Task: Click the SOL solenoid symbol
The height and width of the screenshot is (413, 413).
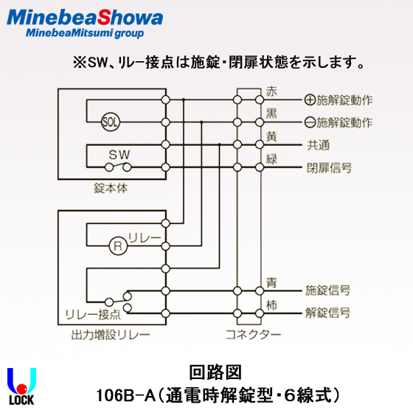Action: (111, 122)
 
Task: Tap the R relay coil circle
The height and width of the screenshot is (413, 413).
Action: (118, 246)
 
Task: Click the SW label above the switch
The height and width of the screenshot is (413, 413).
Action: (119, 155)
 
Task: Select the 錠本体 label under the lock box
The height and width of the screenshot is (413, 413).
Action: (111, 188)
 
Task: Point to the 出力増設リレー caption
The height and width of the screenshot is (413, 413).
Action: (111, 335)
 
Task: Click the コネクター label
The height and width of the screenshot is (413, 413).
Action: (253, 335)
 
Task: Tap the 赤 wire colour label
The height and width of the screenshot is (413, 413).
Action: (271, 91)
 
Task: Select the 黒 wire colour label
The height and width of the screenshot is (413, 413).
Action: (271, 114)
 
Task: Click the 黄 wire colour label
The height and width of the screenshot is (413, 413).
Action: (271, 136)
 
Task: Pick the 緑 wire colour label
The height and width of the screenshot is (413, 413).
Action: (271, 159)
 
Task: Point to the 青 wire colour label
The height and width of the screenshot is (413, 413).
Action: (271, 282)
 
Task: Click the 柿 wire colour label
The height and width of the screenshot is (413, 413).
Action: (271, 305)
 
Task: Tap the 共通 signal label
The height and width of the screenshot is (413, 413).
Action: (319, 145)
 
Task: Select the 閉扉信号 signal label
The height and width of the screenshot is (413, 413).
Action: (329, 168)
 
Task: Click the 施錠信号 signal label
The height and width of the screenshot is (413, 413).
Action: (328, 291)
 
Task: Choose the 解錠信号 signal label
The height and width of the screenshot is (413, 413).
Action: (328, 313)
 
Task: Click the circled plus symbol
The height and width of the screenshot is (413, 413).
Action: (310, 100)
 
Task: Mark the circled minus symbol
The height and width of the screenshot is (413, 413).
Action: (310, 122)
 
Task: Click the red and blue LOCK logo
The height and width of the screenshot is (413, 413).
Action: (21, 386)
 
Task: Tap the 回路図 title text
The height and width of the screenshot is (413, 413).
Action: (215, 372)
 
